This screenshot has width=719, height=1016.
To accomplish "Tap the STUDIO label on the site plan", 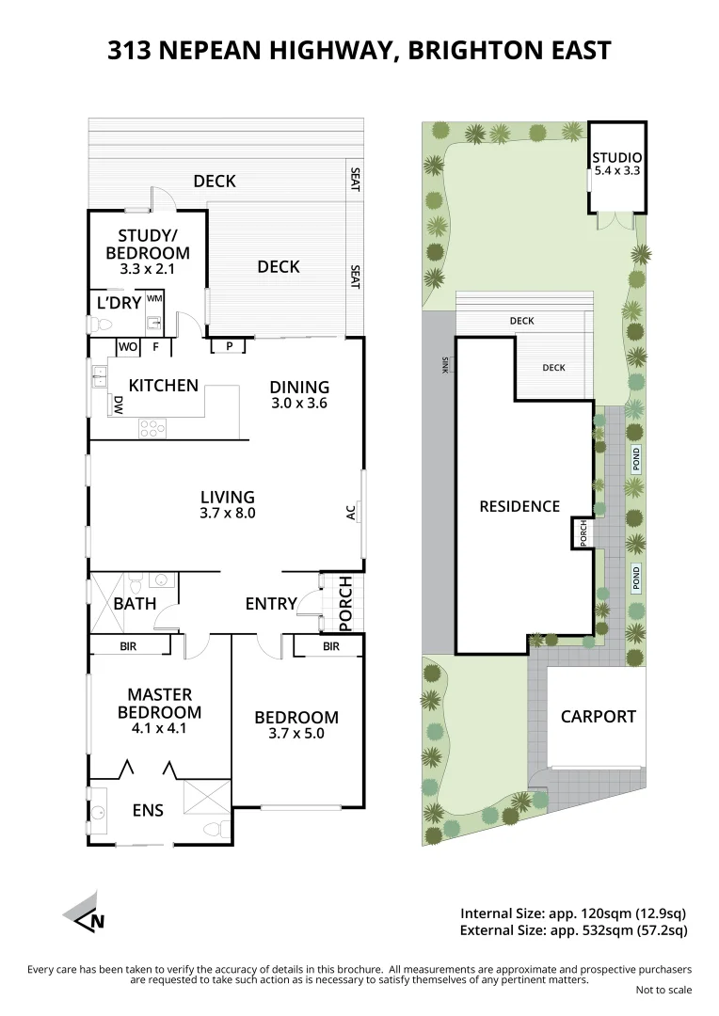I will point(616,157).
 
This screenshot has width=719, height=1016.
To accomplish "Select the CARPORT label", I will point(598,717).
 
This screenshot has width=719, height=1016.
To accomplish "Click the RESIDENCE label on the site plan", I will point(519,506).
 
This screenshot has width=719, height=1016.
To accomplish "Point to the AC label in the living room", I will point(351,513).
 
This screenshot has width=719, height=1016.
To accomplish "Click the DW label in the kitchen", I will point(119,405).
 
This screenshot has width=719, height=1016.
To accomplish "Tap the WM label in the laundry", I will point(154,298).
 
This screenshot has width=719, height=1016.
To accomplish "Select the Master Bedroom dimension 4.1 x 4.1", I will point(159,728).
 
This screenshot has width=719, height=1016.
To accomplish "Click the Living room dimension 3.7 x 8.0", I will point(228,514).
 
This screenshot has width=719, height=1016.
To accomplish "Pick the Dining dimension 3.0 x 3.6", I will point(299,403).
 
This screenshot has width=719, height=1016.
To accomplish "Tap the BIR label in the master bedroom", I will point(129,646).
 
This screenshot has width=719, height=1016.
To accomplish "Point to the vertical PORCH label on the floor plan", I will point(345,603).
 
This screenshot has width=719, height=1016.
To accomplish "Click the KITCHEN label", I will point(164,385).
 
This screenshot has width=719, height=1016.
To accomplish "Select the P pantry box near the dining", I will point(228,346).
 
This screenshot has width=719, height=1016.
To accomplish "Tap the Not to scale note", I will point(663,990).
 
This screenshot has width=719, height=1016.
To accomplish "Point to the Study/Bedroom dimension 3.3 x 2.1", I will point(148,269).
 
